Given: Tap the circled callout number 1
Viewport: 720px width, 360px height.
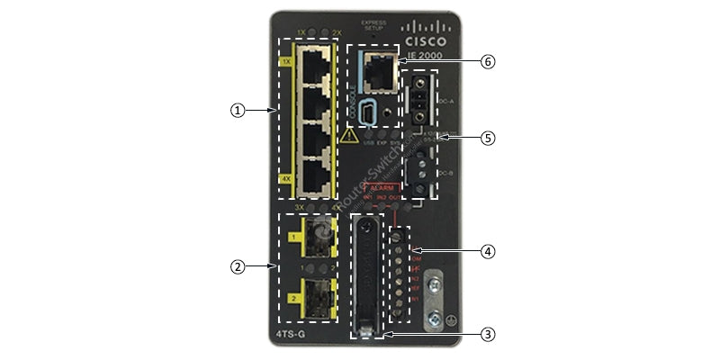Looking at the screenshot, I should pyautogui.click(x=237, y=110).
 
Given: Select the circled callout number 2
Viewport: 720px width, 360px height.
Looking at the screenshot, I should pyautogui.click(x=237, y=266).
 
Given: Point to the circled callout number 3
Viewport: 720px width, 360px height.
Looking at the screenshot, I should pyautogui.click(x=488, y=334).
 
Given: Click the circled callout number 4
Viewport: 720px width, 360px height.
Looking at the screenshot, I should pyautogui.click(x=488, y=251).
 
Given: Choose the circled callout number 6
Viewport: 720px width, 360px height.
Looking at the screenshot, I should pyautogui.click(x=488, y=62).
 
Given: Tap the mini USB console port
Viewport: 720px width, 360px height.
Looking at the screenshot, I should pyautogui.click(x=370, y=112).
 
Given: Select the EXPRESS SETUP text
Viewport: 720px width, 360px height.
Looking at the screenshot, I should pyautogui.click(x=372, y=23).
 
